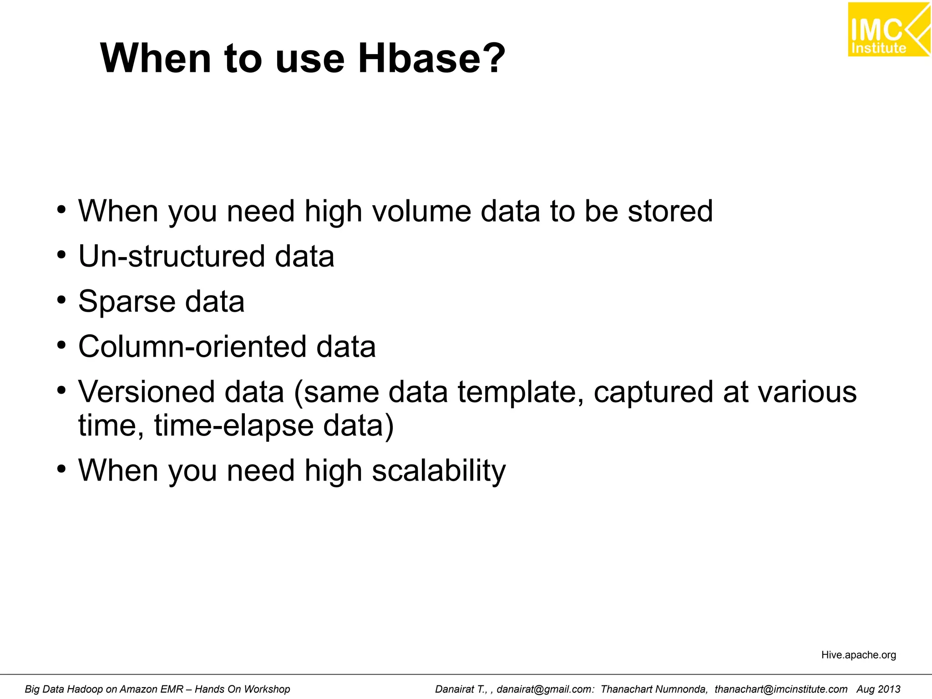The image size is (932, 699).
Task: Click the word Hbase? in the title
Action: (431, 58)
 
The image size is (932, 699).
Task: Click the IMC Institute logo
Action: (888, 30)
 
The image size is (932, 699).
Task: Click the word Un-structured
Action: (171, 256)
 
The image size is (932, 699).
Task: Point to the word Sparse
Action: (127, 302)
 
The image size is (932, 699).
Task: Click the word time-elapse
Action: (234, 425)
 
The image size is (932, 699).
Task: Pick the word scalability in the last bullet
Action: (439, 471)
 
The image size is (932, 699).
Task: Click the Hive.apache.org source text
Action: (858, 655)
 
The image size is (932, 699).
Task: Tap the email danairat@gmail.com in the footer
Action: (545, 689)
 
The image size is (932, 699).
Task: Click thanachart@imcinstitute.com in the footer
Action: (781, 689)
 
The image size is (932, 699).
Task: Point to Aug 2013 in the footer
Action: (878, 689)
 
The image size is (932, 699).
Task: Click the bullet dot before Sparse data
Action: (61, 300)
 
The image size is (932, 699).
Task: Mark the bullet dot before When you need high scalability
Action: (61, 469)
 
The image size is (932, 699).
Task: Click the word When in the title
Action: (156, 58)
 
